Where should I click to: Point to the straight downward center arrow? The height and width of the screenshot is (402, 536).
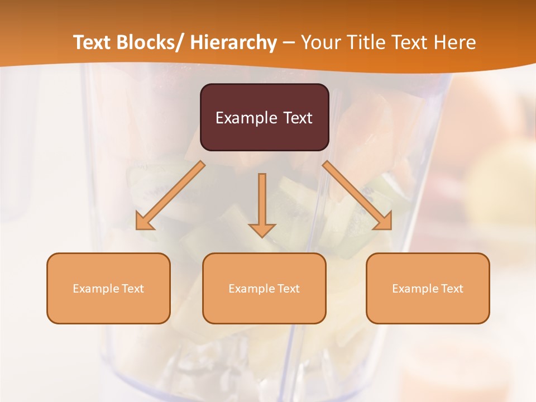click(262, 201)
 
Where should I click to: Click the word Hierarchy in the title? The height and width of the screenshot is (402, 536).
click(233, 42)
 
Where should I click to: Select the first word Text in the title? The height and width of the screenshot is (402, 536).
click(92, 42)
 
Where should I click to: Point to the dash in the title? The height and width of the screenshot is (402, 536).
click(289, 43)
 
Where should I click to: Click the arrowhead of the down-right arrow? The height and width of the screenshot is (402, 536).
click(383, 221)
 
